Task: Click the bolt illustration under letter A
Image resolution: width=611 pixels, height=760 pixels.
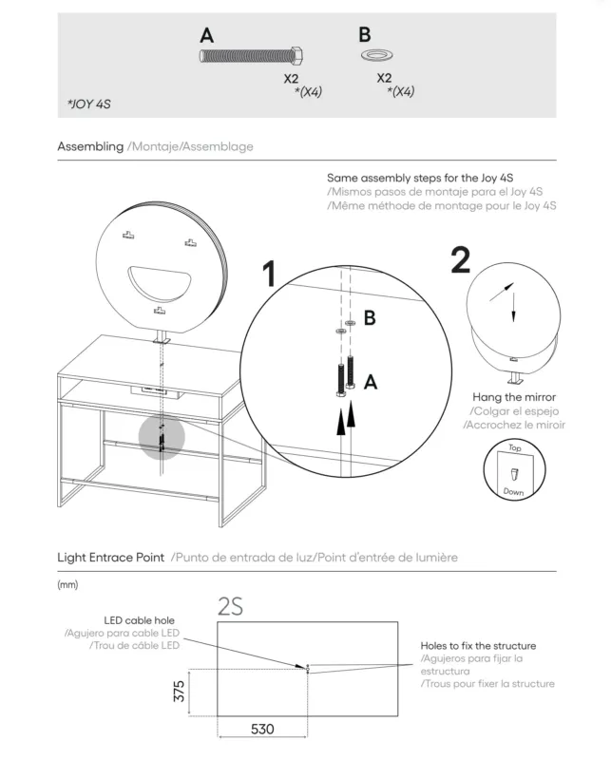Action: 252,56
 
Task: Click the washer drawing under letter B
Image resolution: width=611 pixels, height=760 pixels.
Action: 376,55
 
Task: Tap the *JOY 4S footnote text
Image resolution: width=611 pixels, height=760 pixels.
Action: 89,104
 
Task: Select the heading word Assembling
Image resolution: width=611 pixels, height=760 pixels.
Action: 90,146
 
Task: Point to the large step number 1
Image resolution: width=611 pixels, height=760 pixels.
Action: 269,274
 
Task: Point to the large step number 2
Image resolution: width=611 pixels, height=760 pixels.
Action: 461,260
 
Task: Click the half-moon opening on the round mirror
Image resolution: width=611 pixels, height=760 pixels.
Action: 160,283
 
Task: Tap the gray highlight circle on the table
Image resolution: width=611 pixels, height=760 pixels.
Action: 162,437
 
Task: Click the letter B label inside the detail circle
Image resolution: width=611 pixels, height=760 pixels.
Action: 370,318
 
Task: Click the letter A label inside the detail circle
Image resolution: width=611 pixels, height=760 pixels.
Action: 371,382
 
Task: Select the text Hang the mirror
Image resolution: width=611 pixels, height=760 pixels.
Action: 514,397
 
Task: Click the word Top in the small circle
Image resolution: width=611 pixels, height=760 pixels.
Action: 514,447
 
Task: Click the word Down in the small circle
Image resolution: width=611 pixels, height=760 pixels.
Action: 513,491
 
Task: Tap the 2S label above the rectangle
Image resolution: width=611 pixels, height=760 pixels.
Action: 230,607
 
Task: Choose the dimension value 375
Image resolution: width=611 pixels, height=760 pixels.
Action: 179,692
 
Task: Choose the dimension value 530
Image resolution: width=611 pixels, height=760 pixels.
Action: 262,729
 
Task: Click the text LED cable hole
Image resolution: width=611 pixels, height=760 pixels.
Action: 139,620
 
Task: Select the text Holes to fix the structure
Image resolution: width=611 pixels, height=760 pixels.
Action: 478,646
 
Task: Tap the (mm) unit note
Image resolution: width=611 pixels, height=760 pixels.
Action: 67,584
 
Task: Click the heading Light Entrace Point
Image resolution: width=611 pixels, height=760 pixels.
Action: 110,558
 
